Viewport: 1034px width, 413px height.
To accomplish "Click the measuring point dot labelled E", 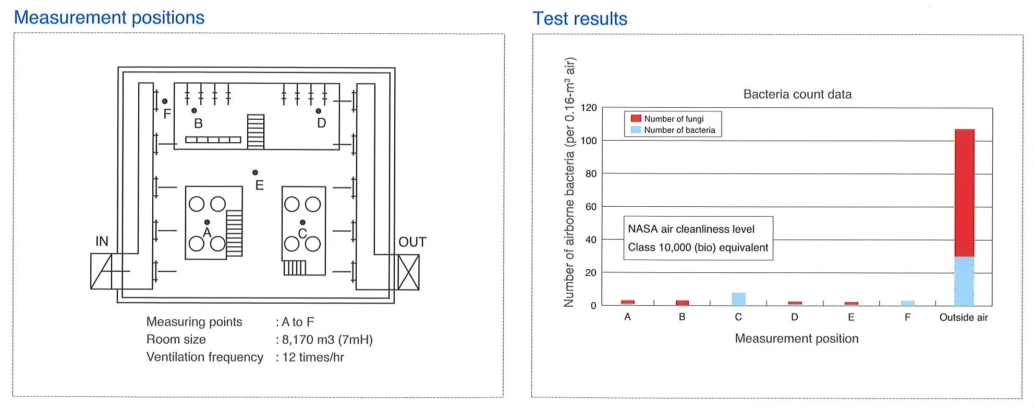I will (x=255, y=172).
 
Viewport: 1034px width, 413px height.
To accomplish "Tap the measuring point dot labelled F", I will (x=165, y=101).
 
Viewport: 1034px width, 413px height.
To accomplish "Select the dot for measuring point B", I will (x=194, y=110).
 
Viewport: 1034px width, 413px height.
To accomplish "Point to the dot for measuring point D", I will (x=319, y=111).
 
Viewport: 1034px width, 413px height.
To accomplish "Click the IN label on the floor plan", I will (x=102, y=241).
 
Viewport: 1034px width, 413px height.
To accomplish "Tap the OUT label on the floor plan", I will (x=412, y=242).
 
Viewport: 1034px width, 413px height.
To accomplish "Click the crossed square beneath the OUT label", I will (x=408, y=272).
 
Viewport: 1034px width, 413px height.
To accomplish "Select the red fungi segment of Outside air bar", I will (x=964, y=193).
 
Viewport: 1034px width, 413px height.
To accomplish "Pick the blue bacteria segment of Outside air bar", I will (x=964, y=281).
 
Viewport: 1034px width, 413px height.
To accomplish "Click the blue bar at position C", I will (x=738, y=299).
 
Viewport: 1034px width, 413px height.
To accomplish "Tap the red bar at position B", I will (x=682, y=303).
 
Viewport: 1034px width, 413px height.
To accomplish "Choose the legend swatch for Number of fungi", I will (x=636, y=119).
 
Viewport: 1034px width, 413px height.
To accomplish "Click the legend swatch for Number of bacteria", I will (x=636, y=130).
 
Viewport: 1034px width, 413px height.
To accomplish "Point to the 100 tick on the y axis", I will (x=589, y=141).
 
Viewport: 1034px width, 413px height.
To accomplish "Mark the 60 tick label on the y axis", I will (x=591, y=207).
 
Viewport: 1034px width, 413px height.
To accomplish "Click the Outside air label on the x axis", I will (x=964, y=317).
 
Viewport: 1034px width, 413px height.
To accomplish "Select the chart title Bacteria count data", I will (x=797, y=94).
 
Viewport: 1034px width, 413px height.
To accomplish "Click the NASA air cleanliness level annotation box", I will (x=698, y=238).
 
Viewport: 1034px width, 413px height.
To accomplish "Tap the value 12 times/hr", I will (x=313, y=357).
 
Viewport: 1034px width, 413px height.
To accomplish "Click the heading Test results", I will (x=580, y=19).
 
